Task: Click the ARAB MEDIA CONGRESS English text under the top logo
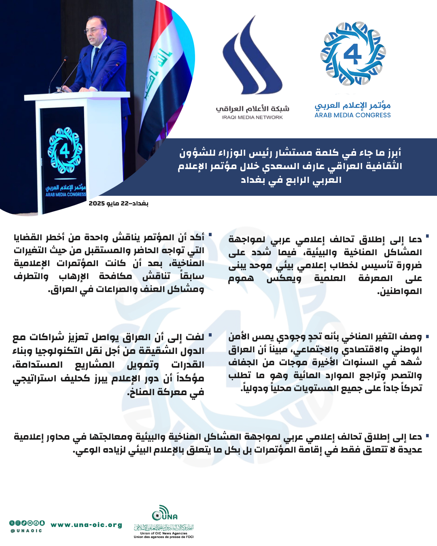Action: [352, 115]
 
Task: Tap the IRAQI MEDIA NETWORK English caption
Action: [252, 117]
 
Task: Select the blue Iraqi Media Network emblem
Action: [251, 57]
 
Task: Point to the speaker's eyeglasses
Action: [94, 30]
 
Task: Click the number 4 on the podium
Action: [65, 151]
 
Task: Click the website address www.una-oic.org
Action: [87, 525]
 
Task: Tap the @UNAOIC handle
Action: [26, 531]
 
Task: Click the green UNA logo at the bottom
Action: [164, 513]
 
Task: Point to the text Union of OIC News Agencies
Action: [164, 533]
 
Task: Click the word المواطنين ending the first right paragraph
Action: [400, 291]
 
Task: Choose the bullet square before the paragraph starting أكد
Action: [210, 235]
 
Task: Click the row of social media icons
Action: [27, 523]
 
